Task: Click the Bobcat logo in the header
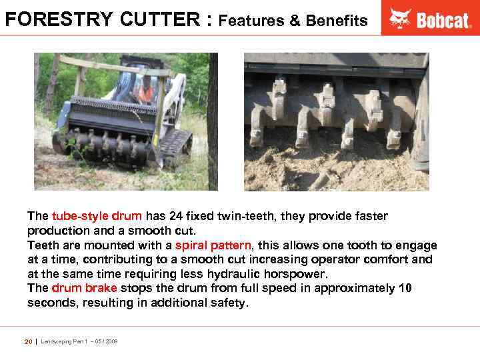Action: pyautogui.click(x=430, y=19)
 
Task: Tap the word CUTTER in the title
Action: pyautogui.click(x=163, y=19)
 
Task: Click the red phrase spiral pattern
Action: pyautogui.click(x=213, y=245)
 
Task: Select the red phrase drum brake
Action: pyautogui.click(x=84, y=288)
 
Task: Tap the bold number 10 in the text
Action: pyautogui.click(x=405, y=288)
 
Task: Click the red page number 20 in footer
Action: pyautogui.click(x=28, y=341)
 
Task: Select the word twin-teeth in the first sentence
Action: pyautogui.click(x=262, y=217)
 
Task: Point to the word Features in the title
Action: pyautogui.click(x=251, y=21)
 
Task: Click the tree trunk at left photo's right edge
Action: pyautogui.click(x=213, y=120)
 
